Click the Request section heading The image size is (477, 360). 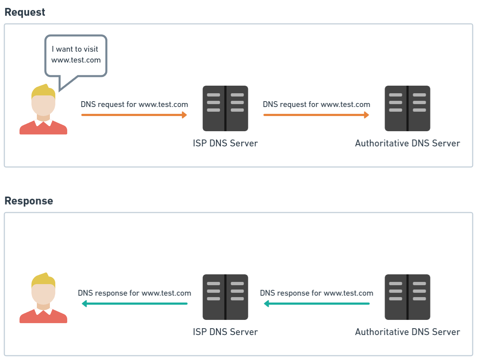pos(25,12)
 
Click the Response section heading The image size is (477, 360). pos(29,201)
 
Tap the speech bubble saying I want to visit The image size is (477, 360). pos(76,55)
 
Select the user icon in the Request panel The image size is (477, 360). pos(43,110)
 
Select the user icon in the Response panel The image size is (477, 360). pos(43,299)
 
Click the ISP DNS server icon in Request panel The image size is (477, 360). pos(225,108)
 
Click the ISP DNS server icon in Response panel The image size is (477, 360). pos(225,297)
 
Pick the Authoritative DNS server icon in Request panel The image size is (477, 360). pos(407,108)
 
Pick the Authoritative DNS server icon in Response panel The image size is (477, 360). pos(407,297)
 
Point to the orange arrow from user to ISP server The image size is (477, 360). pos(134,115)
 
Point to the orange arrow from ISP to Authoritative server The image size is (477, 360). pos(316,115)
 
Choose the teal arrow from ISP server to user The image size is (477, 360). pos(134,304)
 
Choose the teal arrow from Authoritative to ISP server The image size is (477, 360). pos(317,304)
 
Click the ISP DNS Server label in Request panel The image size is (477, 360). pos(225,143)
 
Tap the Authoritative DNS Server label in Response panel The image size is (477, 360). pos(407,332)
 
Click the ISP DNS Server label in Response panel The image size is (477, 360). pos(225,332)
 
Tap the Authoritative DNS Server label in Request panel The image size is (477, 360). pos(407,143)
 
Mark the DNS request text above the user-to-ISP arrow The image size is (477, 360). pos(134,104)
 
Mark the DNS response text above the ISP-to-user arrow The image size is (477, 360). pos(134,293)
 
